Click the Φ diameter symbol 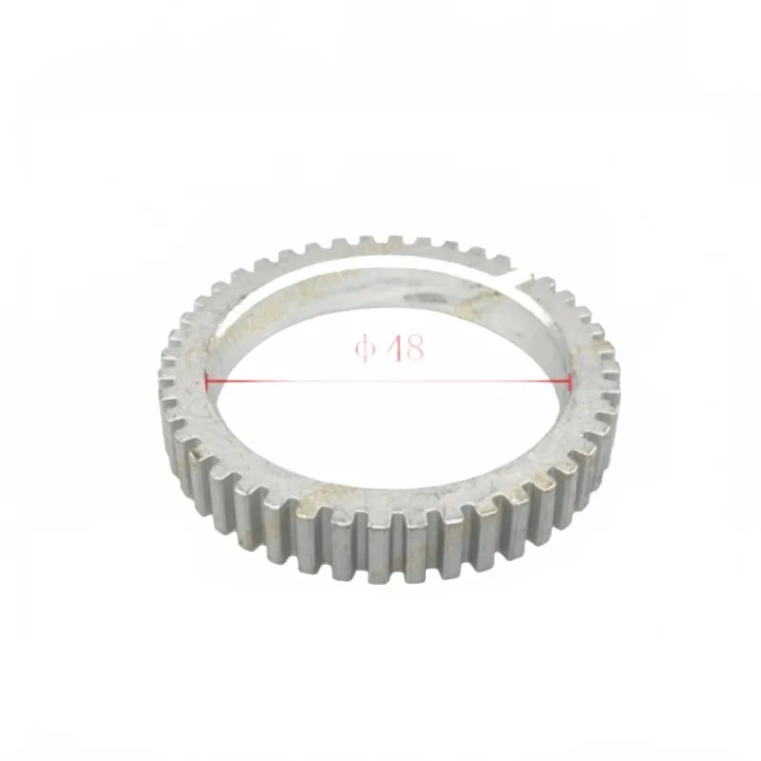point(366,349)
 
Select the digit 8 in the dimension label point(414,348)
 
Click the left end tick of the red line point(208,382)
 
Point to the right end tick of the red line point(570,382)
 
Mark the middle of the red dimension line point(389,382)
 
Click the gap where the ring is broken point(518,276)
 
